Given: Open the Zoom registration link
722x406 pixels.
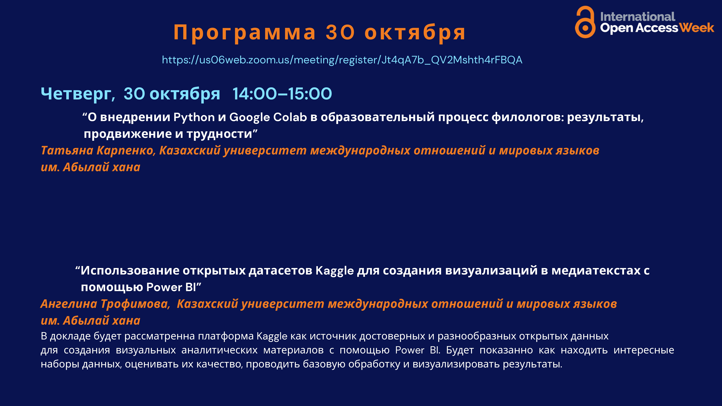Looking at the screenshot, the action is (x=342, y=60).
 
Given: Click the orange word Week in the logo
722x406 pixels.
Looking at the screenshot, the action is (x=696, y=28).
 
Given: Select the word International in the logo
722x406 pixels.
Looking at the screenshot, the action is (x=638, y=17).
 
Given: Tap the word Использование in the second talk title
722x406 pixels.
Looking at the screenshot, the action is (x=130, y=271).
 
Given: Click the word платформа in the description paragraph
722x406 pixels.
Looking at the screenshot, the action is (x=226, y=336).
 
